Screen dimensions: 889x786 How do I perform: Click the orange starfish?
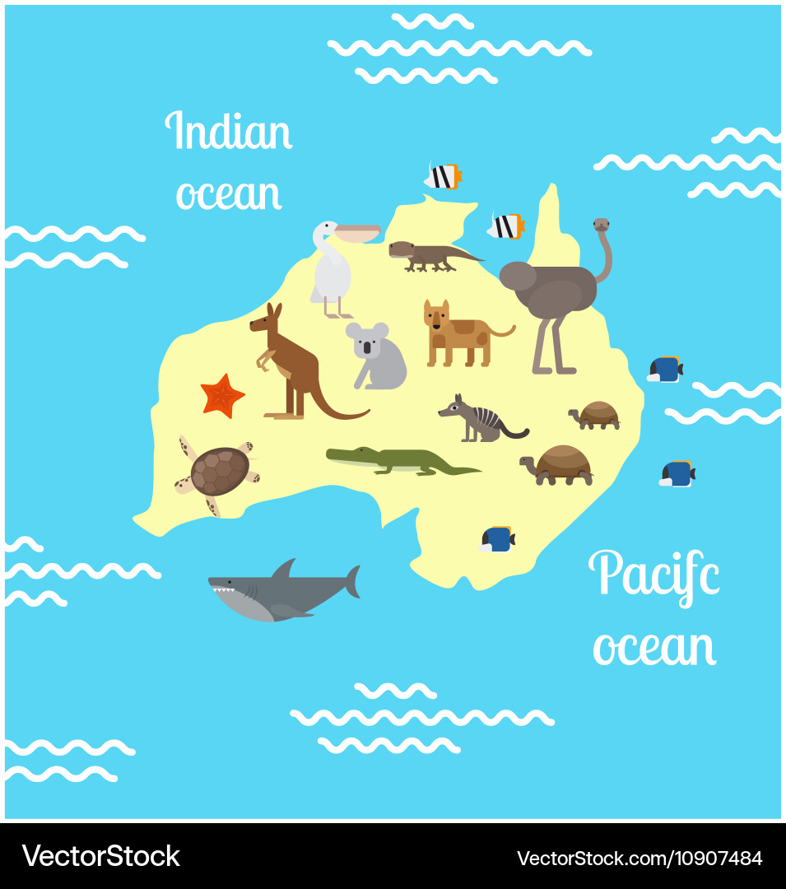pos(222,396)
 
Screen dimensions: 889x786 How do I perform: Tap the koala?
pos(377,356)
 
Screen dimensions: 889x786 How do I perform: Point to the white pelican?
pos(333,268)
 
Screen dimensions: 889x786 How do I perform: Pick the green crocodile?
pos(395,460)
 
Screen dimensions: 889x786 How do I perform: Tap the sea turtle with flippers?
pos(218,472)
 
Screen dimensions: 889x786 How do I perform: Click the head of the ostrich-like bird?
pos(602,224)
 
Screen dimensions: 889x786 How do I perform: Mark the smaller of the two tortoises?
pos(596,414)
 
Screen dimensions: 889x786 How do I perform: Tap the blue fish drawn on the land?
pos(498,539)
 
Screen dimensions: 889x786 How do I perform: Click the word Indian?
pos(229,132)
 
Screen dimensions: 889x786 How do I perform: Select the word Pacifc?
pos(653,574)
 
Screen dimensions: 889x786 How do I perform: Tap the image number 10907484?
pos(639,858)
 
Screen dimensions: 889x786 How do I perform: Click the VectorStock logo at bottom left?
pos(100,856)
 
